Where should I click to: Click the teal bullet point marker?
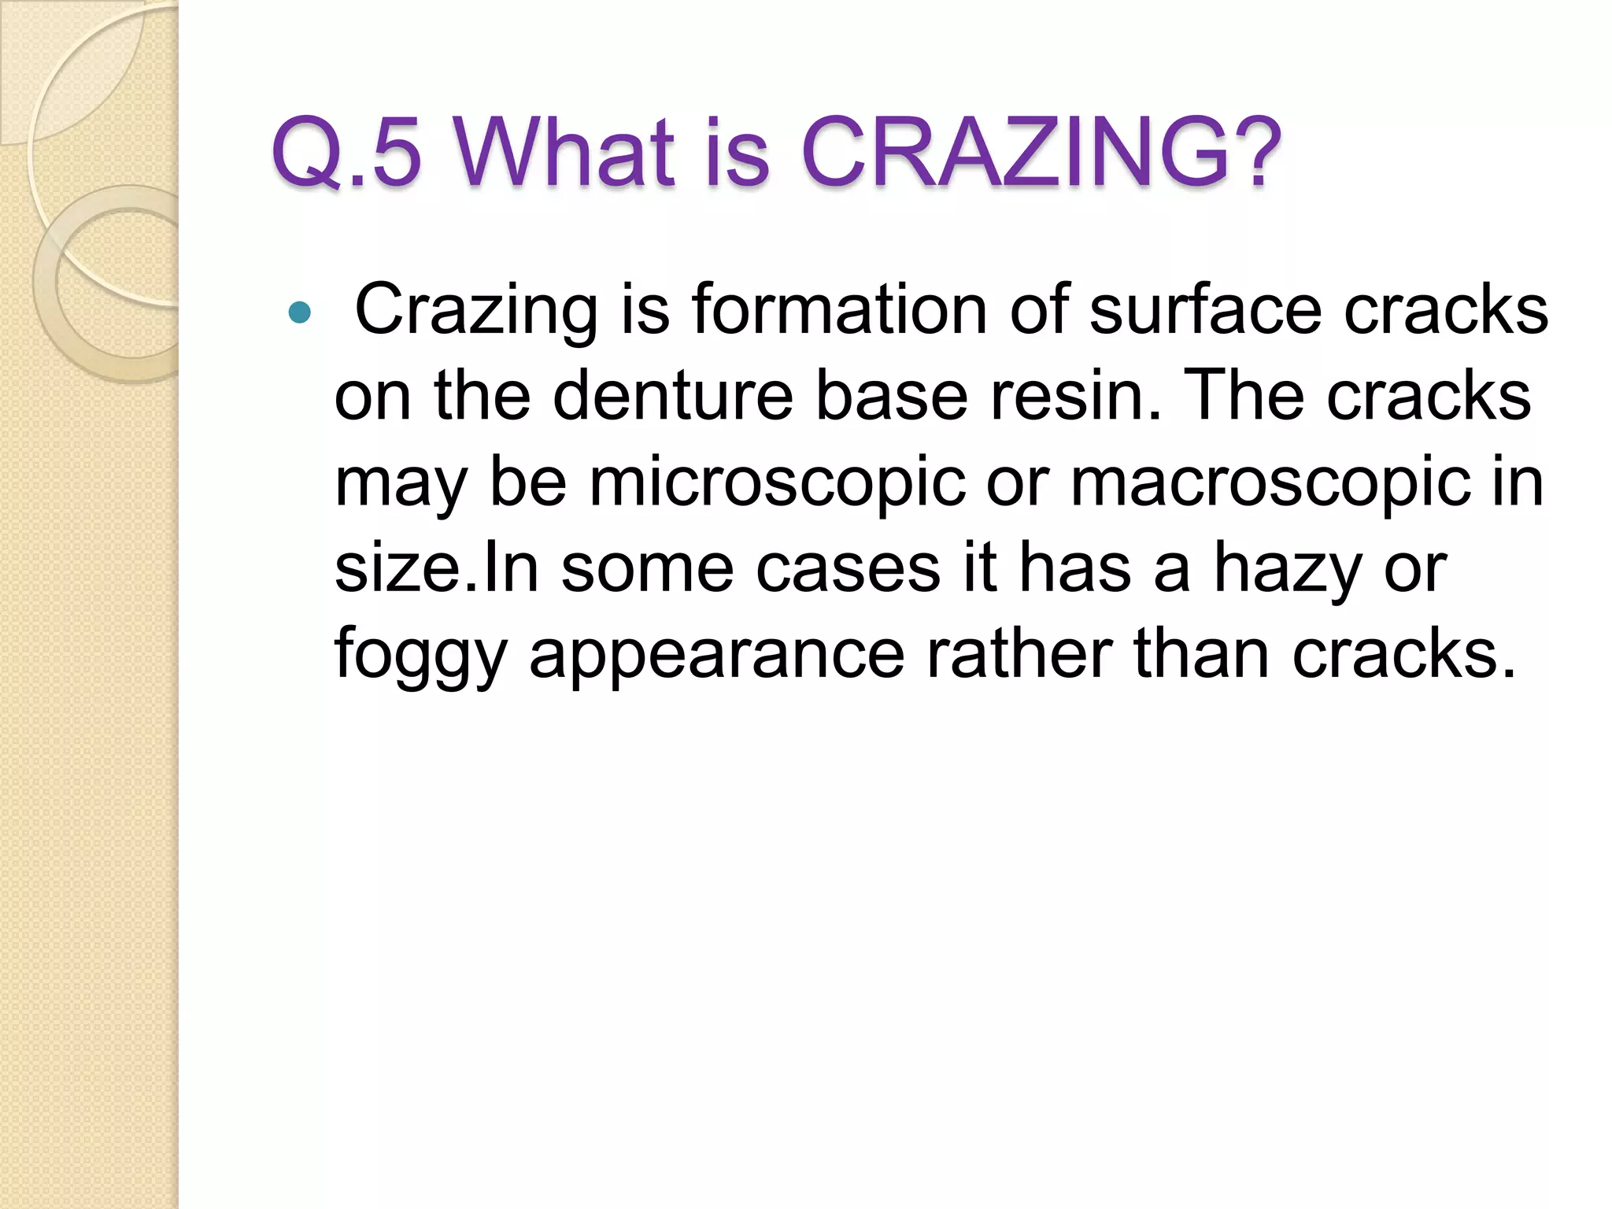coord(300,313)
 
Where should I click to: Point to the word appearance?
coord(717,656)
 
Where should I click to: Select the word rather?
coord(1019,656)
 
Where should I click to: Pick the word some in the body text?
coord(647,569)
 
